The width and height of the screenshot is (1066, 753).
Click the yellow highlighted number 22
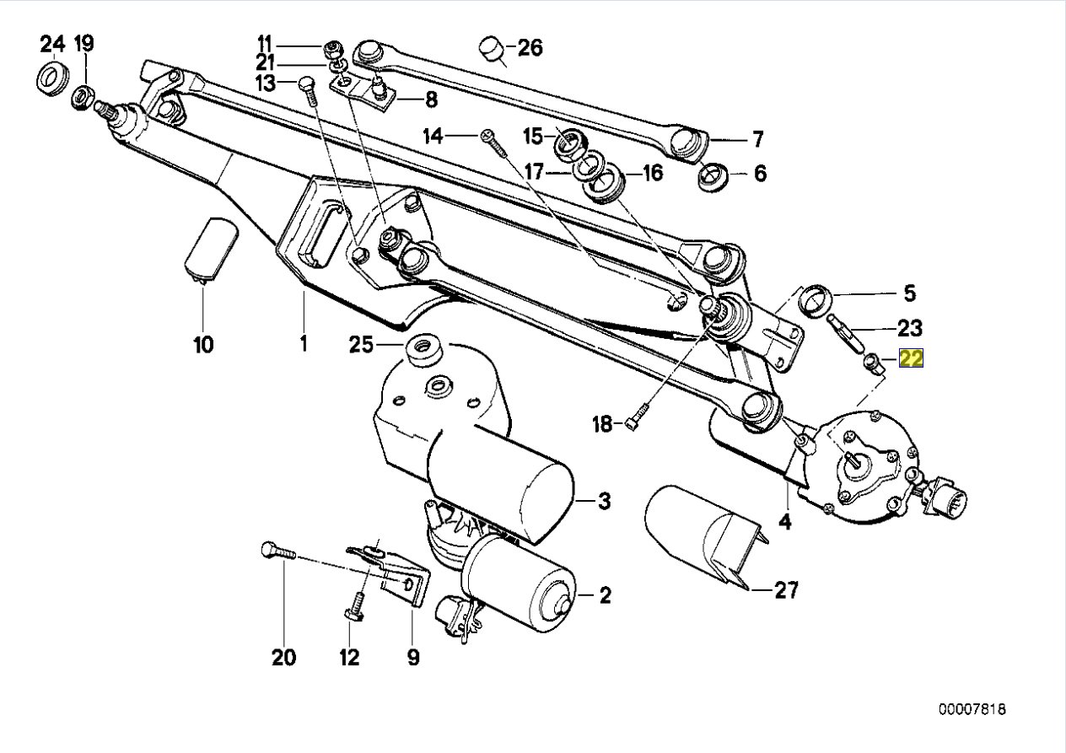(x=912, y=359)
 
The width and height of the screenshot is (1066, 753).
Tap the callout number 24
(x=51, y=43)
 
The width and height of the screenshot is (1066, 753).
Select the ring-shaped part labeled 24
(x=51, y=78)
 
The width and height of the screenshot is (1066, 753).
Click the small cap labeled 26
(x=492, y=50)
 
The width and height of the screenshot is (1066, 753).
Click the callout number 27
(x=785, y=590)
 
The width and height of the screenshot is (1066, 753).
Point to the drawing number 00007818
(x=975, y=710)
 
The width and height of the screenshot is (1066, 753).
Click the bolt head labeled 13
(x=307, y=85)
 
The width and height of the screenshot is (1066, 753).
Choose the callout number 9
(x=412, y=656)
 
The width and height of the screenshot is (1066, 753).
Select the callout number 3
(x=604, y=502)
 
